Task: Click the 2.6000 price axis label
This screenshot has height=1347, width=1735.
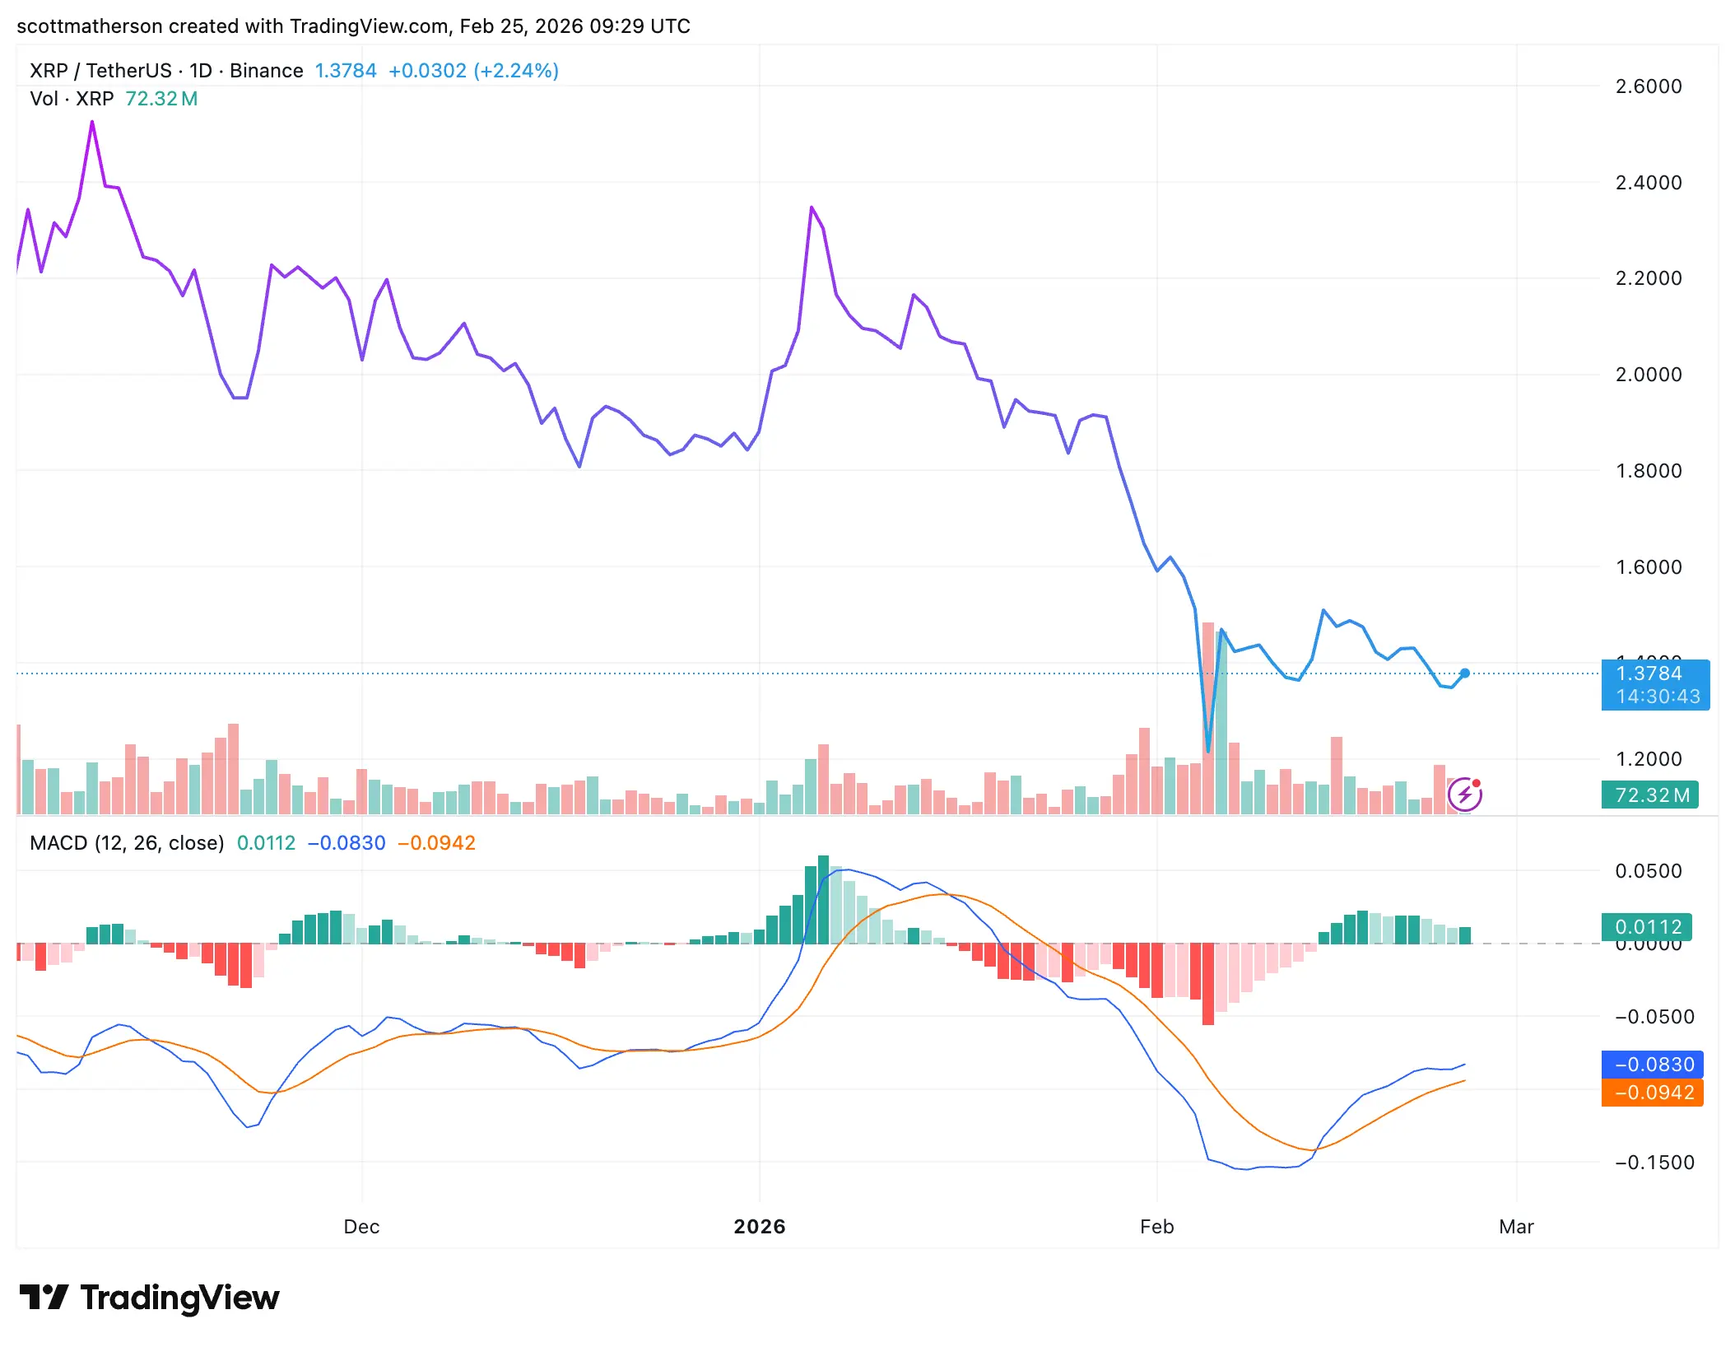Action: [1648, 86]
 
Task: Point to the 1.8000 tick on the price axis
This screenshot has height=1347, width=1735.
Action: [1648, 471]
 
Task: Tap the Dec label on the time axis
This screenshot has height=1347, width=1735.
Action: [361, 1227]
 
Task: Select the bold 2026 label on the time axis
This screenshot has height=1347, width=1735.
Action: [759, 1227]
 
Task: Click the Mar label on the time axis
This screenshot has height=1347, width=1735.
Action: [1516, 1227]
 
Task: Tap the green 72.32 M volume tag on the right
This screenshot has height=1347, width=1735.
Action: [1650, 795]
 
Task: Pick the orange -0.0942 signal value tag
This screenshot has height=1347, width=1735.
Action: [1652, 1093]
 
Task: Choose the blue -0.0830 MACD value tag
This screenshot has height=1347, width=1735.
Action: [1652, 1065]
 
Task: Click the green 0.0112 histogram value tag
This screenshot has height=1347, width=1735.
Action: [1647, 927]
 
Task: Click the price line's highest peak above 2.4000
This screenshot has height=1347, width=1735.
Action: [92, 123]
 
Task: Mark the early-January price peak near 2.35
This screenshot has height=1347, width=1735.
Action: [811, 207]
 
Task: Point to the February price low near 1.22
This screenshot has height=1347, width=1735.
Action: [1207, 750]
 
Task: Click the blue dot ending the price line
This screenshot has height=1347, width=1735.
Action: [1465, 673]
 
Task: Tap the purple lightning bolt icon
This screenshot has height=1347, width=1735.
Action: [1465, 795]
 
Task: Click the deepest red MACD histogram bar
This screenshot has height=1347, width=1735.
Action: [1207, 984]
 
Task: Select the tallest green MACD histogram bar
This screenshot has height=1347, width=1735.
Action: [823, 899]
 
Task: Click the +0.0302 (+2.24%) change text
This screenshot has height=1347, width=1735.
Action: [473, 71]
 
